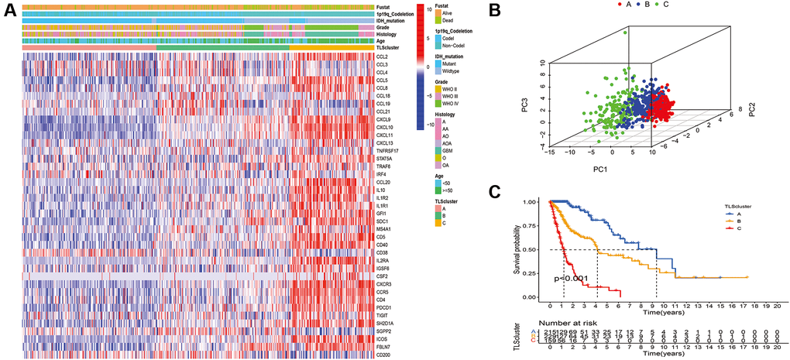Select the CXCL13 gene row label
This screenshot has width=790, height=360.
384,143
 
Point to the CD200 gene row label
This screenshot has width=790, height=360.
383,355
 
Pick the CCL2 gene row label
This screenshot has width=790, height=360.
381,57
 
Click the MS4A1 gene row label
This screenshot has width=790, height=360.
383,229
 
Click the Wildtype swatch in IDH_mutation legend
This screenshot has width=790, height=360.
439,81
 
